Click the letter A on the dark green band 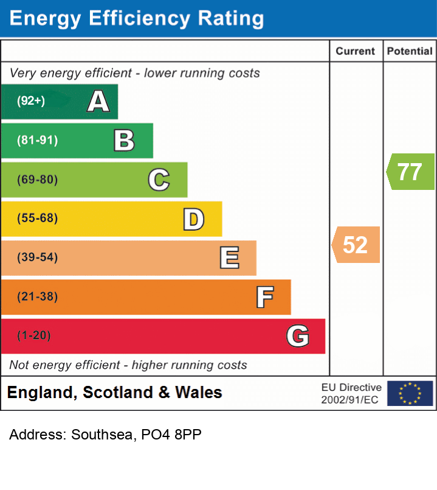point(98,101)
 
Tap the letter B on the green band point(124,141)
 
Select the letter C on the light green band point(159,180)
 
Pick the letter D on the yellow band point(193,219)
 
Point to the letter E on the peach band point(229,258)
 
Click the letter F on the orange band point(264,297)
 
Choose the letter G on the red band point(298,336)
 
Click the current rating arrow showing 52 point(356,245)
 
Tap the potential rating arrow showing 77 point(410,172)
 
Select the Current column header point(356,52)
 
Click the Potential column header point(410,52)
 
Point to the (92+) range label point(31,101)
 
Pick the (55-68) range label point(37,219)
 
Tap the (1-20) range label point(34,335)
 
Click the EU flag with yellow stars point(410,393)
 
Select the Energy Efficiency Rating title point(137,18)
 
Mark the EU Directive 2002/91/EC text point(351,393)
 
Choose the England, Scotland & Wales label point(114,393)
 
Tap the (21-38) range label point(37,297)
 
